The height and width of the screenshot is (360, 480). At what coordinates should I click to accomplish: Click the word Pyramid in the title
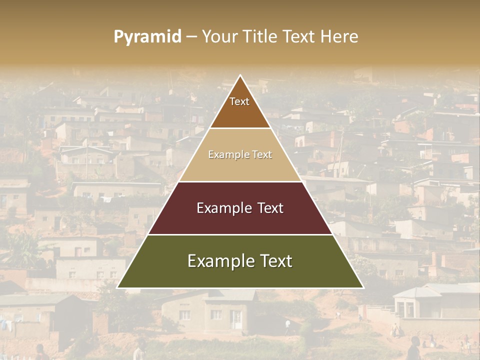coord(147,37)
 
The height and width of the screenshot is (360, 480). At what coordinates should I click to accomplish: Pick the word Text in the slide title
coord(299,37)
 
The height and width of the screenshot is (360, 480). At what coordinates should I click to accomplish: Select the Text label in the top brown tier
coord(239,101)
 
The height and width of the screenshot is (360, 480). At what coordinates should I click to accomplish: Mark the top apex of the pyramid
coord(240,75)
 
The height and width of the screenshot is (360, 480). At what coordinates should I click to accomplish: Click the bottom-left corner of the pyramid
coord(117,287)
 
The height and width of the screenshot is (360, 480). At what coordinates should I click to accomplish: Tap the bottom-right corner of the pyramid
coord(363,287)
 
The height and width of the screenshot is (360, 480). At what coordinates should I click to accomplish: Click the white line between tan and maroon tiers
coord(240,181)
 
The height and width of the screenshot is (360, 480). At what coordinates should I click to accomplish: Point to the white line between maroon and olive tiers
coord(240,234)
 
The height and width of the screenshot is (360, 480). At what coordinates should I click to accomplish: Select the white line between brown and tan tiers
coord(240,128)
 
